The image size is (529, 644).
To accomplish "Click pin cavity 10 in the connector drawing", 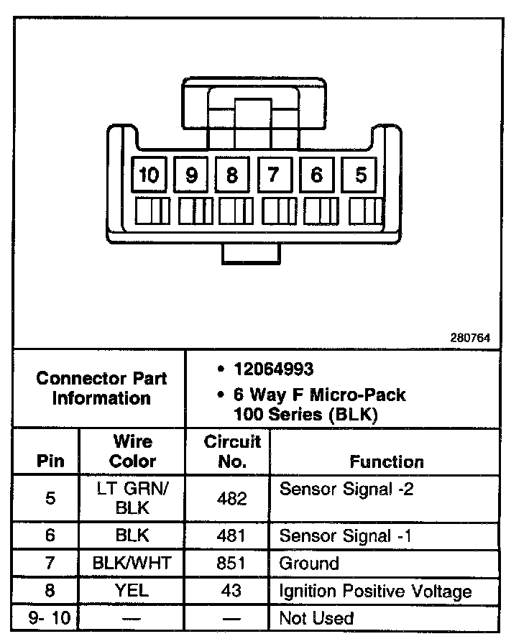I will (149, 175).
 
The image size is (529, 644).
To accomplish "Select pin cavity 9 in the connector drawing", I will (191, 175).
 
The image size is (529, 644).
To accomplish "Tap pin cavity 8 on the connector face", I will (232, 175).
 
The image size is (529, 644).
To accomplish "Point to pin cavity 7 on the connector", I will (274, 175).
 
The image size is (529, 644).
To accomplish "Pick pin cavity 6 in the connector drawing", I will (316, 175).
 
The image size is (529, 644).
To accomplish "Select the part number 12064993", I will (273, 369).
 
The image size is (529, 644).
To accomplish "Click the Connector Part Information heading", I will (101, 388).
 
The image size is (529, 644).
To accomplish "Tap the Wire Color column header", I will (132, 451).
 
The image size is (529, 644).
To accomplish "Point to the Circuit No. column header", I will (231, 451).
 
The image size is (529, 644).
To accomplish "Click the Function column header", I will (387, 462).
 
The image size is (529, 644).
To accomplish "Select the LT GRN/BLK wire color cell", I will (132, 498).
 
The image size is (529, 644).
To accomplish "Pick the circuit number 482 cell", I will (231, 498).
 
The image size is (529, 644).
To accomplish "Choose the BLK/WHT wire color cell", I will (132, 563).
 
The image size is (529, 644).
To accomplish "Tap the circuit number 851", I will (231, 563).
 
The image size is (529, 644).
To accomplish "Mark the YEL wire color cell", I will (132, 592).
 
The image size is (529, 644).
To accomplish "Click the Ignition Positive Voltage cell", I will (375, 592).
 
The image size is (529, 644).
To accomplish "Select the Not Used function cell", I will (316, 618).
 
